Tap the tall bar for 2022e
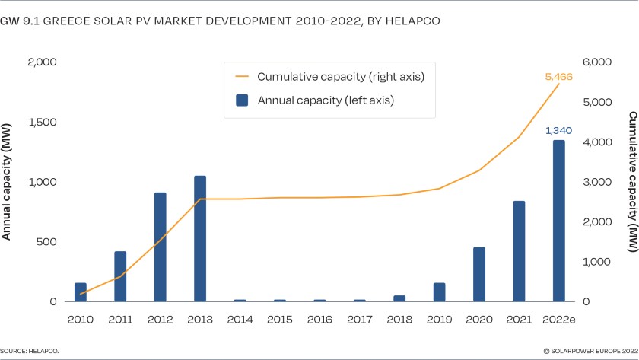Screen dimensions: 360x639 pos(558,221)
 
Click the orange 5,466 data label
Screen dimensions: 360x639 pos(558,77)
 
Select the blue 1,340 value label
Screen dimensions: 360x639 pos(558,131)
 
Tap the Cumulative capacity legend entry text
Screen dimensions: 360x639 pos(340,77)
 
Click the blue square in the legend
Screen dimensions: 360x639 pos(241,100)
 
